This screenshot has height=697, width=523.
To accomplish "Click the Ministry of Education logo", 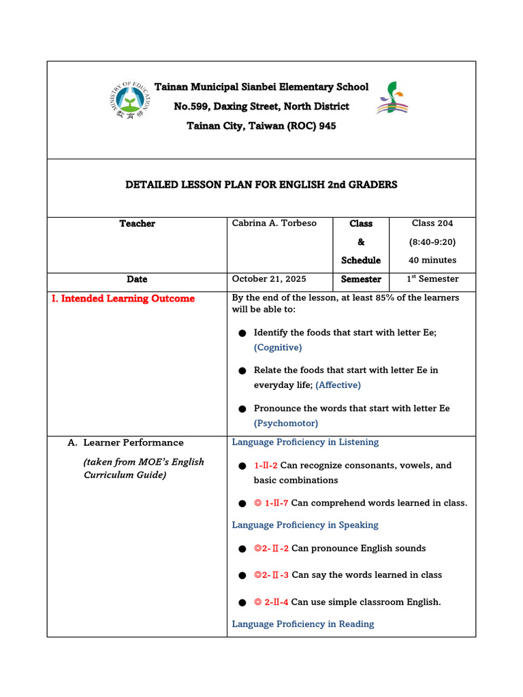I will [129, 100].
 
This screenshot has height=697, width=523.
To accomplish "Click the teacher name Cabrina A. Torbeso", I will [274, 223].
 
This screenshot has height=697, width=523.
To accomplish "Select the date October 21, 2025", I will [269, 279].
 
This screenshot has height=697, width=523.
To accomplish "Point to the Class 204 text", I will [432, 223].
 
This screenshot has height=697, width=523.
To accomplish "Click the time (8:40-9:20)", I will [432, 242].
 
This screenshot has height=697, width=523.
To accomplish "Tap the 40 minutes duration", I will [432, 260].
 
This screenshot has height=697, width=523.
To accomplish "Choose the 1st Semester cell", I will [432, 279].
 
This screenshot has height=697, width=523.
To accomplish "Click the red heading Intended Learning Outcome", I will [123, 299].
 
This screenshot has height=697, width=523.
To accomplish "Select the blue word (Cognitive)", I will [278, 347].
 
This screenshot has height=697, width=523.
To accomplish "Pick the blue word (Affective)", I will [338, 385].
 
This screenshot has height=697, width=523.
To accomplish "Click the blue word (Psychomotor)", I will [286, 423].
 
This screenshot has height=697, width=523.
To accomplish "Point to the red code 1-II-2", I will [266, 466].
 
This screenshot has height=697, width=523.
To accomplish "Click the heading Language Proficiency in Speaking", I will [305, 525].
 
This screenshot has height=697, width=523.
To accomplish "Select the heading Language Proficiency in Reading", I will [303, 624].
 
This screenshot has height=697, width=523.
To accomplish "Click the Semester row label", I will [361, 279].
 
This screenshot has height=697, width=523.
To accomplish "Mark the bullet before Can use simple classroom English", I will [242, 602].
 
